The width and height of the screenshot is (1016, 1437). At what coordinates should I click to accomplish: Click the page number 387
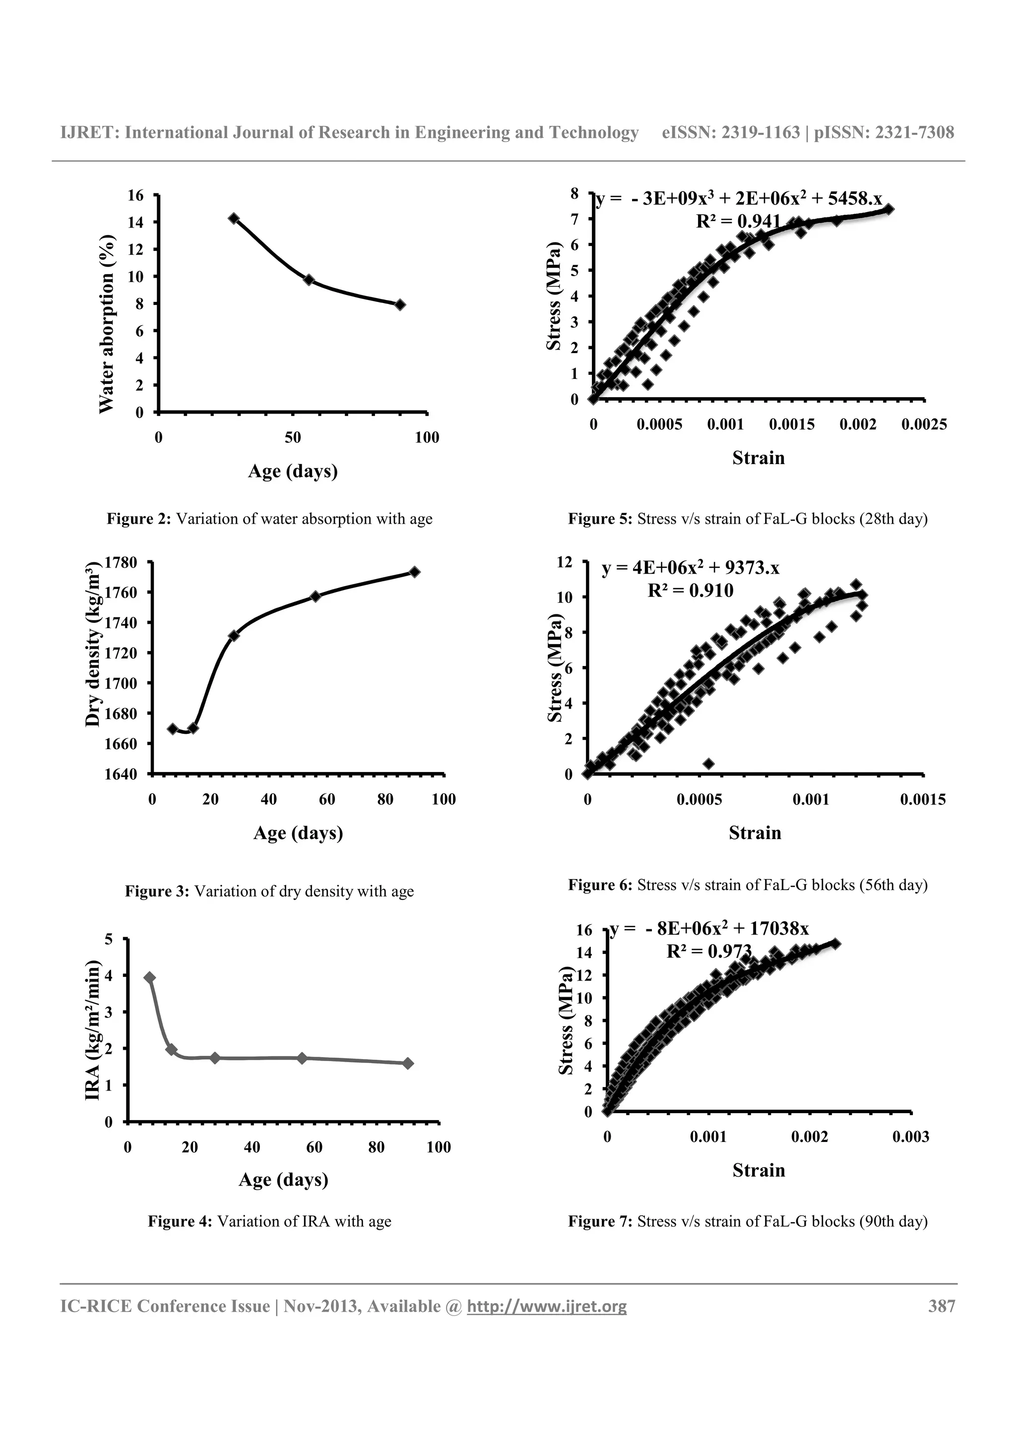942,1306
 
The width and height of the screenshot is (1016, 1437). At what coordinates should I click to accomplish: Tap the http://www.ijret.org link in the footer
547,1307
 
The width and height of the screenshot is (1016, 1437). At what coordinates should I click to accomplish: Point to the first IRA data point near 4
150,978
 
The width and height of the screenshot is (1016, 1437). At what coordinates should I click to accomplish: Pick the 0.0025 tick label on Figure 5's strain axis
924,425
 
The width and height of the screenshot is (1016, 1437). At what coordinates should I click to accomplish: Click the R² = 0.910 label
690,590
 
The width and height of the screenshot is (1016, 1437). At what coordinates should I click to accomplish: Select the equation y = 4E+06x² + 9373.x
691,568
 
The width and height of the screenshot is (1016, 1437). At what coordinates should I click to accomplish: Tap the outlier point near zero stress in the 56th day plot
708,764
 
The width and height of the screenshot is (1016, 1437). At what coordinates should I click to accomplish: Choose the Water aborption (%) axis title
107,324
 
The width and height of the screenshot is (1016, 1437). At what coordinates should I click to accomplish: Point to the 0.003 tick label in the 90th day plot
911,1137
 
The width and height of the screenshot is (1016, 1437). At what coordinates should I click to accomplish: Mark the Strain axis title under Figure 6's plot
755,833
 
